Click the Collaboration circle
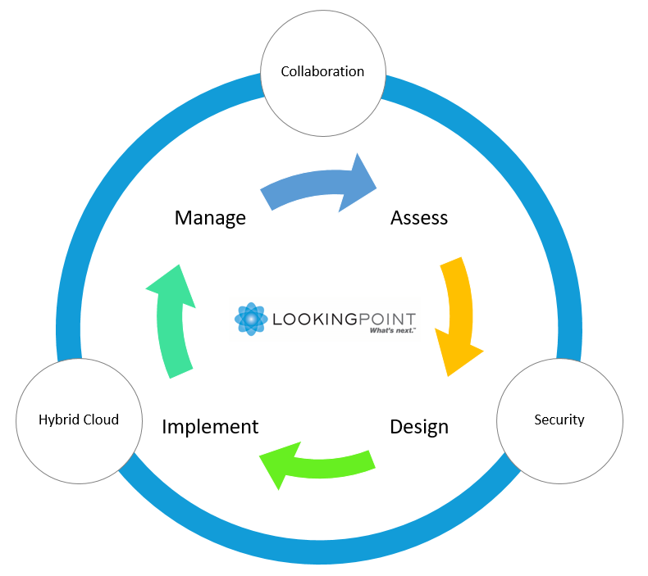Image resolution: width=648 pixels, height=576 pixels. point(322,72)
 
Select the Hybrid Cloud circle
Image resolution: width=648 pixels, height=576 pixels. point(79,420)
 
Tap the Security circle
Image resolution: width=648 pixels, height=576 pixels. point(559,420)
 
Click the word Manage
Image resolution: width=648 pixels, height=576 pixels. point(210,218)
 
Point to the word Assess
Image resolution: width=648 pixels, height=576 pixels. point(419,218)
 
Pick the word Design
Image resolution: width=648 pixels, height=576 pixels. point(419,427)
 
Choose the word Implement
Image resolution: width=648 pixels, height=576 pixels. point(210,427)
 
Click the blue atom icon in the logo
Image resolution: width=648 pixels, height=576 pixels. point(251,319)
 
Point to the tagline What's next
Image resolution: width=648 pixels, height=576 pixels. point(392,329)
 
